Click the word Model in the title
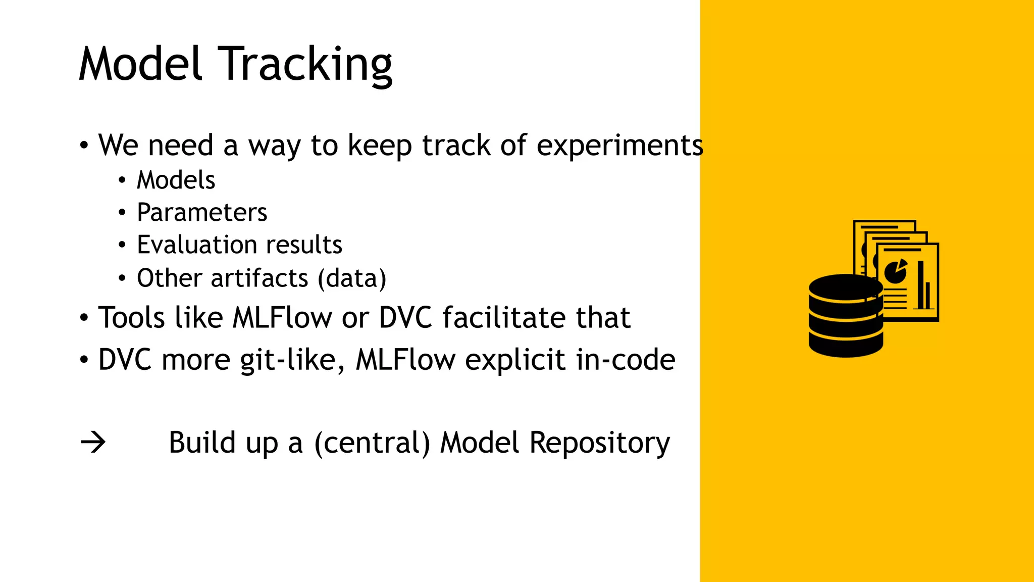pos(141,65)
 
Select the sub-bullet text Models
pos(176,180)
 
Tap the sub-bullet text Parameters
pos(202,213)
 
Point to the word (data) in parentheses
pos(352,278)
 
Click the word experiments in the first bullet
pos(619,146)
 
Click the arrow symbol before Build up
pos(93,443)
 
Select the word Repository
pos(599,443)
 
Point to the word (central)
pos(372,443)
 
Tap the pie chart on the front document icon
pos(896,272)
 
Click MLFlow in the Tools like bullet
pos(282,318)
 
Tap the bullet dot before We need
pos(84,146)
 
